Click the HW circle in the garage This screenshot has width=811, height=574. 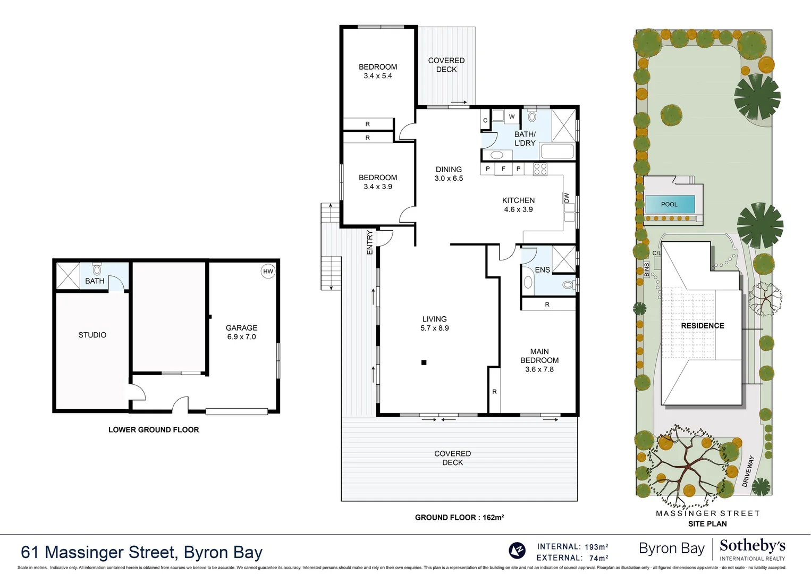point(268,271)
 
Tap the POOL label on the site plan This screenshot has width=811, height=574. point(669,204)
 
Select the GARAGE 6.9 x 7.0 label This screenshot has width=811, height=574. point(241,332)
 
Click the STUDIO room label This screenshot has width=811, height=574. point(92,335)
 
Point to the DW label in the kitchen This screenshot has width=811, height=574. point(567,198)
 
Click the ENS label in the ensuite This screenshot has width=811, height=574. point(542,270)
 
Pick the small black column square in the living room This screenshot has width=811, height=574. point(424,362)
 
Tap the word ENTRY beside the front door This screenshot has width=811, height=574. point(370,242)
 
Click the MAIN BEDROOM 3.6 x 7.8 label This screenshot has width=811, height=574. point(539,360)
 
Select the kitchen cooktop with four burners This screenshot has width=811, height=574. point(540,169)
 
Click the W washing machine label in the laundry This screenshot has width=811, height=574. point(512,116)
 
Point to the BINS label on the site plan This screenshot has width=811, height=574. point(647,269)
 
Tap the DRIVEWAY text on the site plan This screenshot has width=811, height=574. point(748,471)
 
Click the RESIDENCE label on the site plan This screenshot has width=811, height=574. point(703,326)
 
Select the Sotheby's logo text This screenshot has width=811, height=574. point(752,546)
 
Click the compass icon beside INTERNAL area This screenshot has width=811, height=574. point(517,550)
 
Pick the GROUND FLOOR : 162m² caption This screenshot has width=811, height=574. point(459,517)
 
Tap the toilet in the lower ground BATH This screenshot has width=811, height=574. point(97,269)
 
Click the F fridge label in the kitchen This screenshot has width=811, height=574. point(503,169)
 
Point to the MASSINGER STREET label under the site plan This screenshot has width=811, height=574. point(707,513)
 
